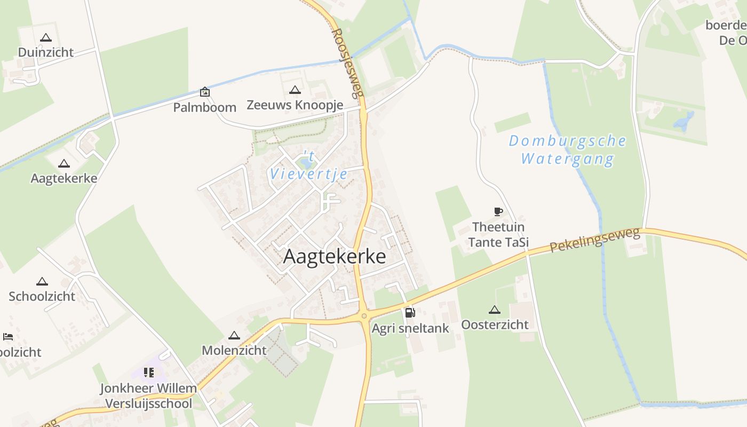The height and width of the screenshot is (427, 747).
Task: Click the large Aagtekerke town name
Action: click(x=335, y=256)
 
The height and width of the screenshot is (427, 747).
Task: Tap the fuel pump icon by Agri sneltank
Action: click(x=409, y=313)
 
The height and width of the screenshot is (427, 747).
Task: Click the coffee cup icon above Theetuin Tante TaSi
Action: click(x=498, y=211)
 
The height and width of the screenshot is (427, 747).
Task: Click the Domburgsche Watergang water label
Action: click(x=567, y=150)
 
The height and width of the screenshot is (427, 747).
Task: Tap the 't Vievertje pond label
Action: click(x=309, y=165)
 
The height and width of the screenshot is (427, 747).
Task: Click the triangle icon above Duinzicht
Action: click(x=45, y=37)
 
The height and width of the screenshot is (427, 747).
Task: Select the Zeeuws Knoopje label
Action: click(x=295, y=105)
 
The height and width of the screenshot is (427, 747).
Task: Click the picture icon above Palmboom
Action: click(x=204, y=92)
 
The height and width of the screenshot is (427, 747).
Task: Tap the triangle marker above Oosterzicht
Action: click(x=495, y=310)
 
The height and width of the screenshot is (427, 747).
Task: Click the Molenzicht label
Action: click(x=234, y=350)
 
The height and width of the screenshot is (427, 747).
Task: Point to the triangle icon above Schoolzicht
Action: click(x=42, y=281)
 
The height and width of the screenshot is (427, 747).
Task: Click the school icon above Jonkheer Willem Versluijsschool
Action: click(x=148, y=372)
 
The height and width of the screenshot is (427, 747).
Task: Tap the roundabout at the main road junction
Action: click(x=364, y=316)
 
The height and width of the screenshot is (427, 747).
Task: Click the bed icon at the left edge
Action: click(x=7, y=336)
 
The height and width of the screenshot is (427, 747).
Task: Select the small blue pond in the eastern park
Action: click(x=684, y=122)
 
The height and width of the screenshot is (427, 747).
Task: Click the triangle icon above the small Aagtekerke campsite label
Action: click(x=64, y=163)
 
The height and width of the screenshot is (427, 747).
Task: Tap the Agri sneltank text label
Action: click(x=410, y=328)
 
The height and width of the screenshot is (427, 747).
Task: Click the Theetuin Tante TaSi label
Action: click(x=498, y=234)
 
